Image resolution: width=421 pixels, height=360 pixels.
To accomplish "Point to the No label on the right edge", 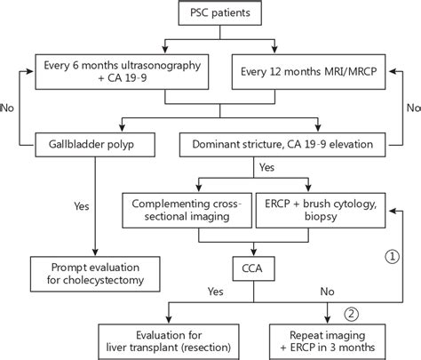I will [411, 106].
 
